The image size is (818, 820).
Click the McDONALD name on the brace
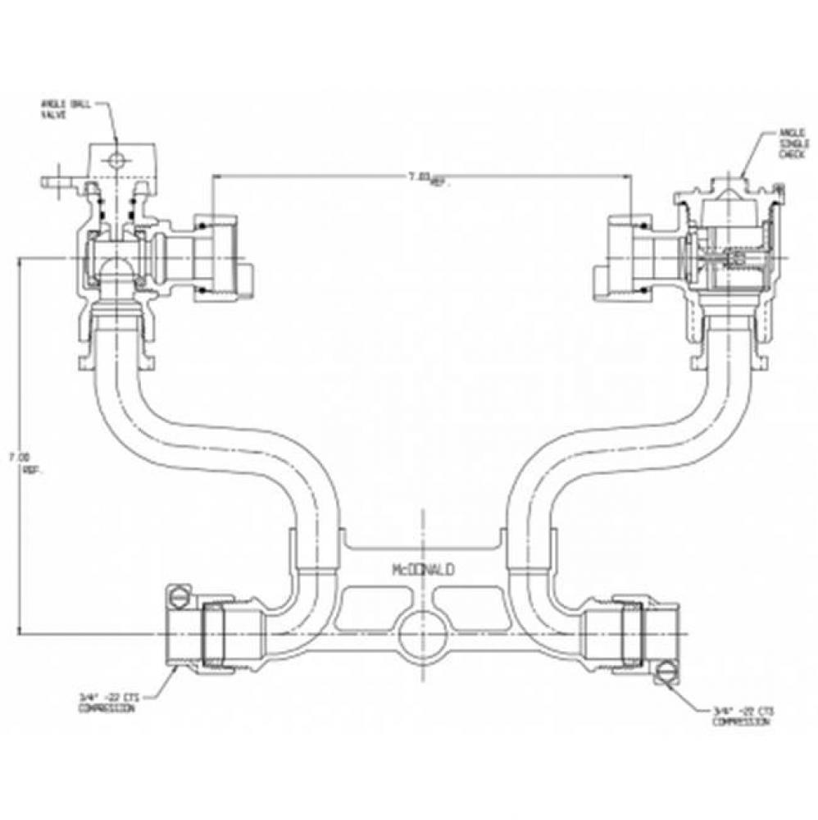[x=424, y=567]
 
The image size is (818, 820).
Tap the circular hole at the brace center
[x=421, y=634]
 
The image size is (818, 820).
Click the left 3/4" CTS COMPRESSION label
[x=106, y=702]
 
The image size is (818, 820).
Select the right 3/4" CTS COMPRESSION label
[x=741, y=717]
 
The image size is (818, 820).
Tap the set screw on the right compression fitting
[x=665, y=674]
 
